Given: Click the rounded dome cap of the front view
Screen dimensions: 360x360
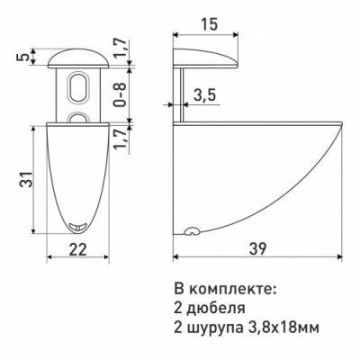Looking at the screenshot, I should (x=78, y=59).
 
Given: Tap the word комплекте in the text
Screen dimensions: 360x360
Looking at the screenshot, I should (x=229, y=291).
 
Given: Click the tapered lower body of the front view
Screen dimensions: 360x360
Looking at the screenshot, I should (x=79, y=171).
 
